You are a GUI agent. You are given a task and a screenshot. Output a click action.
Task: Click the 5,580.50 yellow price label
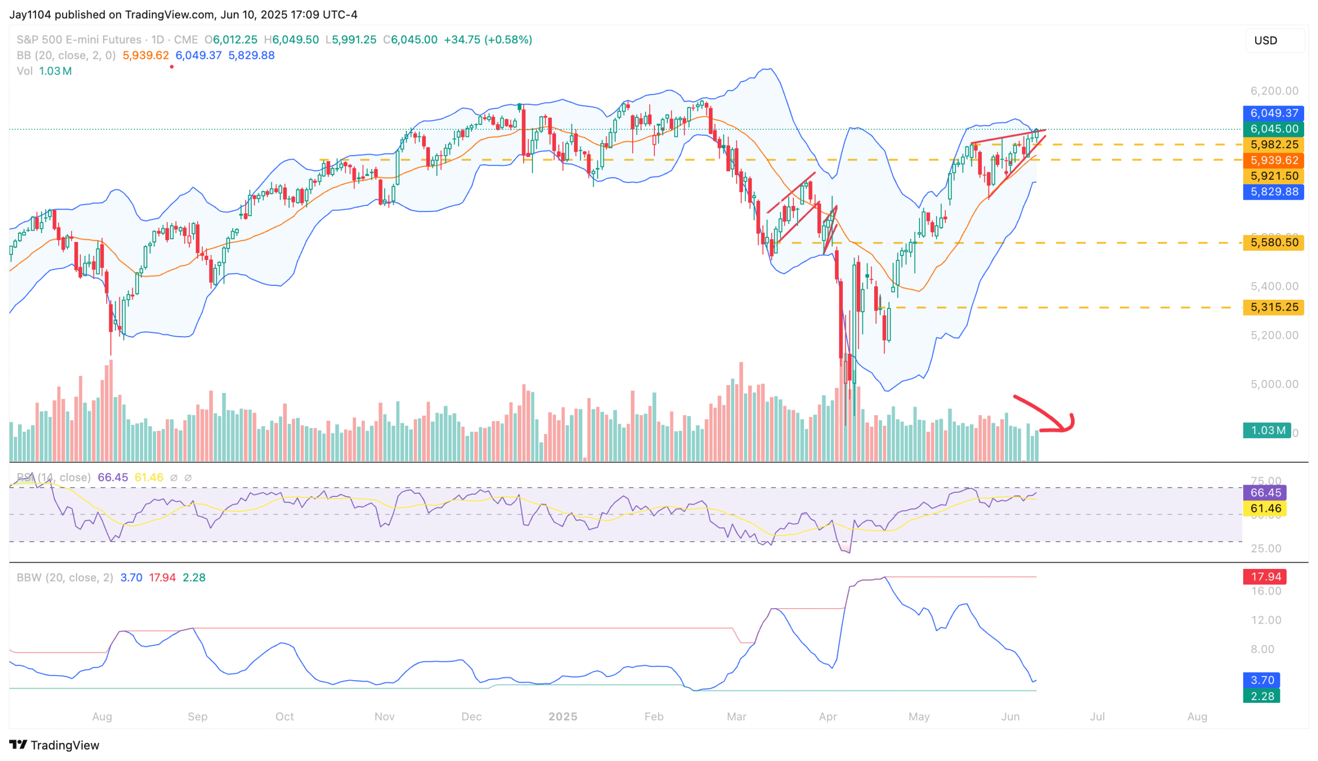(x=1273, y=243)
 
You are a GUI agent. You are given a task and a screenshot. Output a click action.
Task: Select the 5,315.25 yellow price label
(x=1273, y=307)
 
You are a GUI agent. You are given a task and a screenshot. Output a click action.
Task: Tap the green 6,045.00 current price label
(x=1273, y=129)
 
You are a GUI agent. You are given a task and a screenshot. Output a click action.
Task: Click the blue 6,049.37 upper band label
(x=1273, y=113)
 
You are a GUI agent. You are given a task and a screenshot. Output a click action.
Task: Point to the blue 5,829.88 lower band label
(x=1273, y=192)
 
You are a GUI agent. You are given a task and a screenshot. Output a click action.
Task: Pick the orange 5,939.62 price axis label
(x=1273, y=160)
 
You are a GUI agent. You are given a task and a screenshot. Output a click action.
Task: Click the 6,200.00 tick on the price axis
(x=1274, y=91)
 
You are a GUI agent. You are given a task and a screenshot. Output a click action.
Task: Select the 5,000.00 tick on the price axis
(x=1274, y=384)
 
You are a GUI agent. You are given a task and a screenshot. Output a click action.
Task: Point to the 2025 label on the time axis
(x=562, y=717)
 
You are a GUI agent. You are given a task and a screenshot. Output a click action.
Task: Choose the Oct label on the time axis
(x=284, y=717)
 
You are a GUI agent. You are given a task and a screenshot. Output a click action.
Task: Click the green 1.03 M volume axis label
(x=1267, y=430)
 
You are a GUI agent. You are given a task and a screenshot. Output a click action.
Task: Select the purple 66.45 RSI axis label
(x=1264, y=492)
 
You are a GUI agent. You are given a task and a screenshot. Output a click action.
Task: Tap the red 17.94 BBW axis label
(x=1264, y=577)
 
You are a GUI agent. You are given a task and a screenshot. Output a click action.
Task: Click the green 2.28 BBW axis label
(x=1261, y=696)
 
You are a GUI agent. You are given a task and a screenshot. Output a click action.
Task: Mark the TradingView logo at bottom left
(x=55, y=745)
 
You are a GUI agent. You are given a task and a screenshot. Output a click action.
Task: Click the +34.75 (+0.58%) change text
(x=488, y=40)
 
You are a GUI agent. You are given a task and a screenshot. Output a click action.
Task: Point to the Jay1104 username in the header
(x=30, y=14)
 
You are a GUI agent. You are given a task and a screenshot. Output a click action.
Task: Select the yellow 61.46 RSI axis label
(x=1264, y=508)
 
